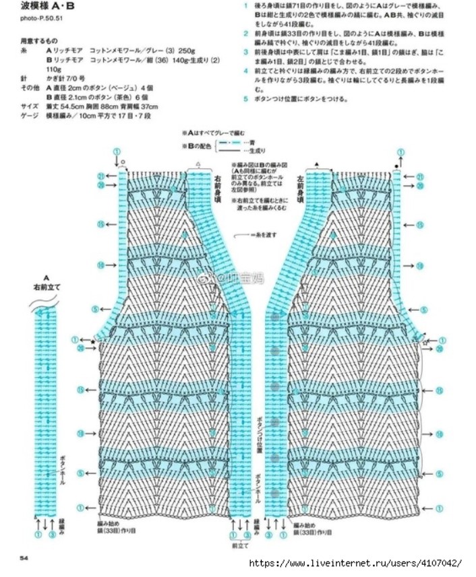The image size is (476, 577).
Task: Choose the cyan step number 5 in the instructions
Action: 246,99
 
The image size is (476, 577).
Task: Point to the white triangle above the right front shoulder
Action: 198,164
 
